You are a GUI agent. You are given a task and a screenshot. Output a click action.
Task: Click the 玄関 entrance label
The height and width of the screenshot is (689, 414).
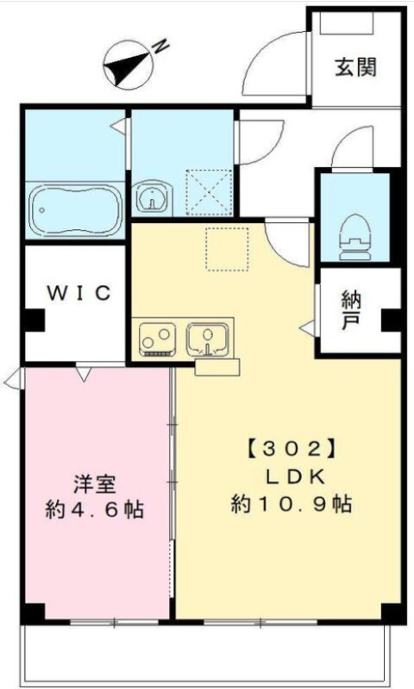pyautogui.click(x=356, y=68)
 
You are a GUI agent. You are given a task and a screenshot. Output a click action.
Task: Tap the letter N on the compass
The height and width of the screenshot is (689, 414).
pyautogui.click(x=161, y=46)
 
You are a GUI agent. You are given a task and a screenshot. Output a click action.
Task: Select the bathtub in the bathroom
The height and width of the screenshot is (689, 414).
pyautogui.click(x=76, y=209)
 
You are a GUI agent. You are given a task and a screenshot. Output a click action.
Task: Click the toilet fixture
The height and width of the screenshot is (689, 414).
pyautogui.click(x=354, y=239)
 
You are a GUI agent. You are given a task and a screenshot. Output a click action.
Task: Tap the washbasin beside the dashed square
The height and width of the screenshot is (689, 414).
pyautogui.click(x=152, y=198)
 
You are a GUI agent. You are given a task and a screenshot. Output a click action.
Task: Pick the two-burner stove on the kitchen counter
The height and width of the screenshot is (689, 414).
pyautogui.click(x=158, y=339)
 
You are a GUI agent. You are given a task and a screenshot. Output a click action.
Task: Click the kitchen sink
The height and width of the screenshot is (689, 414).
pyautogui.click(x=208, y=338)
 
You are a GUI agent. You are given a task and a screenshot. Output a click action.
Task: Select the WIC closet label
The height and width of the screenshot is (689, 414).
pyautogui.click(x=79, y=293)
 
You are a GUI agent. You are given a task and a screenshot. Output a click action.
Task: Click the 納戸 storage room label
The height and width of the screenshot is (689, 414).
pyautogui.click(x=351, y=310)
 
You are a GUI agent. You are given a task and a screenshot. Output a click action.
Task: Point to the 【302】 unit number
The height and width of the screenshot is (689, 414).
pyautogui.click(x=293, y=449)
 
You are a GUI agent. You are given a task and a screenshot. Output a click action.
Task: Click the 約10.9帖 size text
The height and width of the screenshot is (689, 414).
pyautogui.click(x=292, y=504)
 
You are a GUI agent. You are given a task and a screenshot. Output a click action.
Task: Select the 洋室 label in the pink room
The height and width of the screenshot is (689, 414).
pyautogui.click(x=95, y=484)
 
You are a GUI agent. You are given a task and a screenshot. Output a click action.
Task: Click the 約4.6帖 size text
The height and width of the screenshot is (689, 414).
pyautogui.click(x=95, y=510)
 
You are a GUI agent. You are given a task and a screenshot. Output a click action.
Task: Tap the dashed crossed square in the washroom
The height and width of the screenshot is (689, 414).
pyautogui.click(x=209, y=192)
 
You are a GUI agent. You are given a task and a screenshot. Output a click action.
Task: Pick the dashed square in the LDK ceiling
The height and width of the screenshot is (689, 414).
pyautogui.click(x=228, y=249)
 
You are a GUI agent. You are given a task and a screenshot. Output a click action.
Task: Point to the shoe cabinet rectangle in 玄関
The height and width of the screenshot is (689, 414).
pyautogui.click(x=347, y=23)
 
